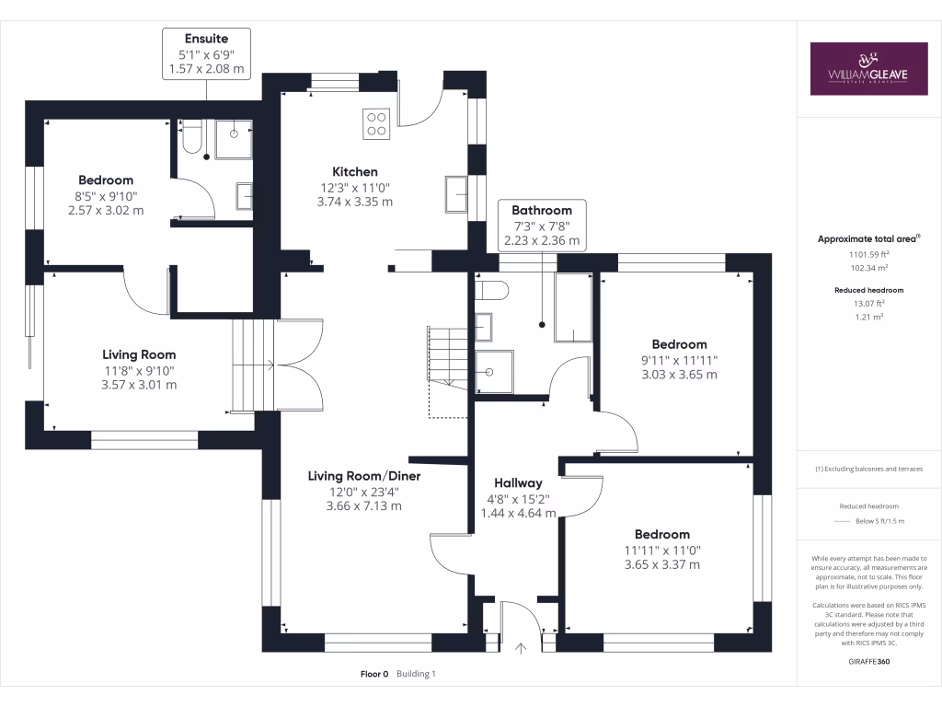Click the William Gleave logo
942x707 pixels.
(868, 68)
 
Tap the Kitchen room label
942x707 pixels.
(355, 171)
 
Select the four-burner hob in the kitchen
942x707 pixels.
(377, 122)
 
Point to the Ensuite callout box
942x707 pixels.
(206, 53)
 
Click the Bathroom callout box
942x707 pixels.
(542, 226)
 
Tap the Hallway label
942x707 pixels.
(518, 482)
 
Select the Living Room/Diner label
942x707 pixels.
(363, 476)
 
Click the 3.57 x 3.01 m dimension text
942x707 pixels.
(138, 384)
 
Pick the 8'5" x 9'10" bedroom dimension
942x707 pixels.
(106, 195)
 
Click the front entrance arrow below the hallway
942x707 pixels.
(522, 648)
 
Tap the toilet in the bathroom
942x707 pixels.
(492, 291)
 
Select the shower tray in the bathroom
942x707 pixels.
(495, 372)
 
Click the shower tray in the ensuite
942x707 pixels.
(234, 138)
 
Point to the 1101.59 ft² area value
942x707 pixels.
(868, 254)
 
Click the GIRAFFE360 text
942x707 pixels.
(868, 662)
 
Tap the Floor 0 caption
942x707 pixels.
(374, 674)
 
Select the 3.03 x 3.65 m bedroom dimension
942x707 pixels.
(680, 375)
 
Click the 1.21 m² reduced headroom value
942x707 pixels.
(868, 316)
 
